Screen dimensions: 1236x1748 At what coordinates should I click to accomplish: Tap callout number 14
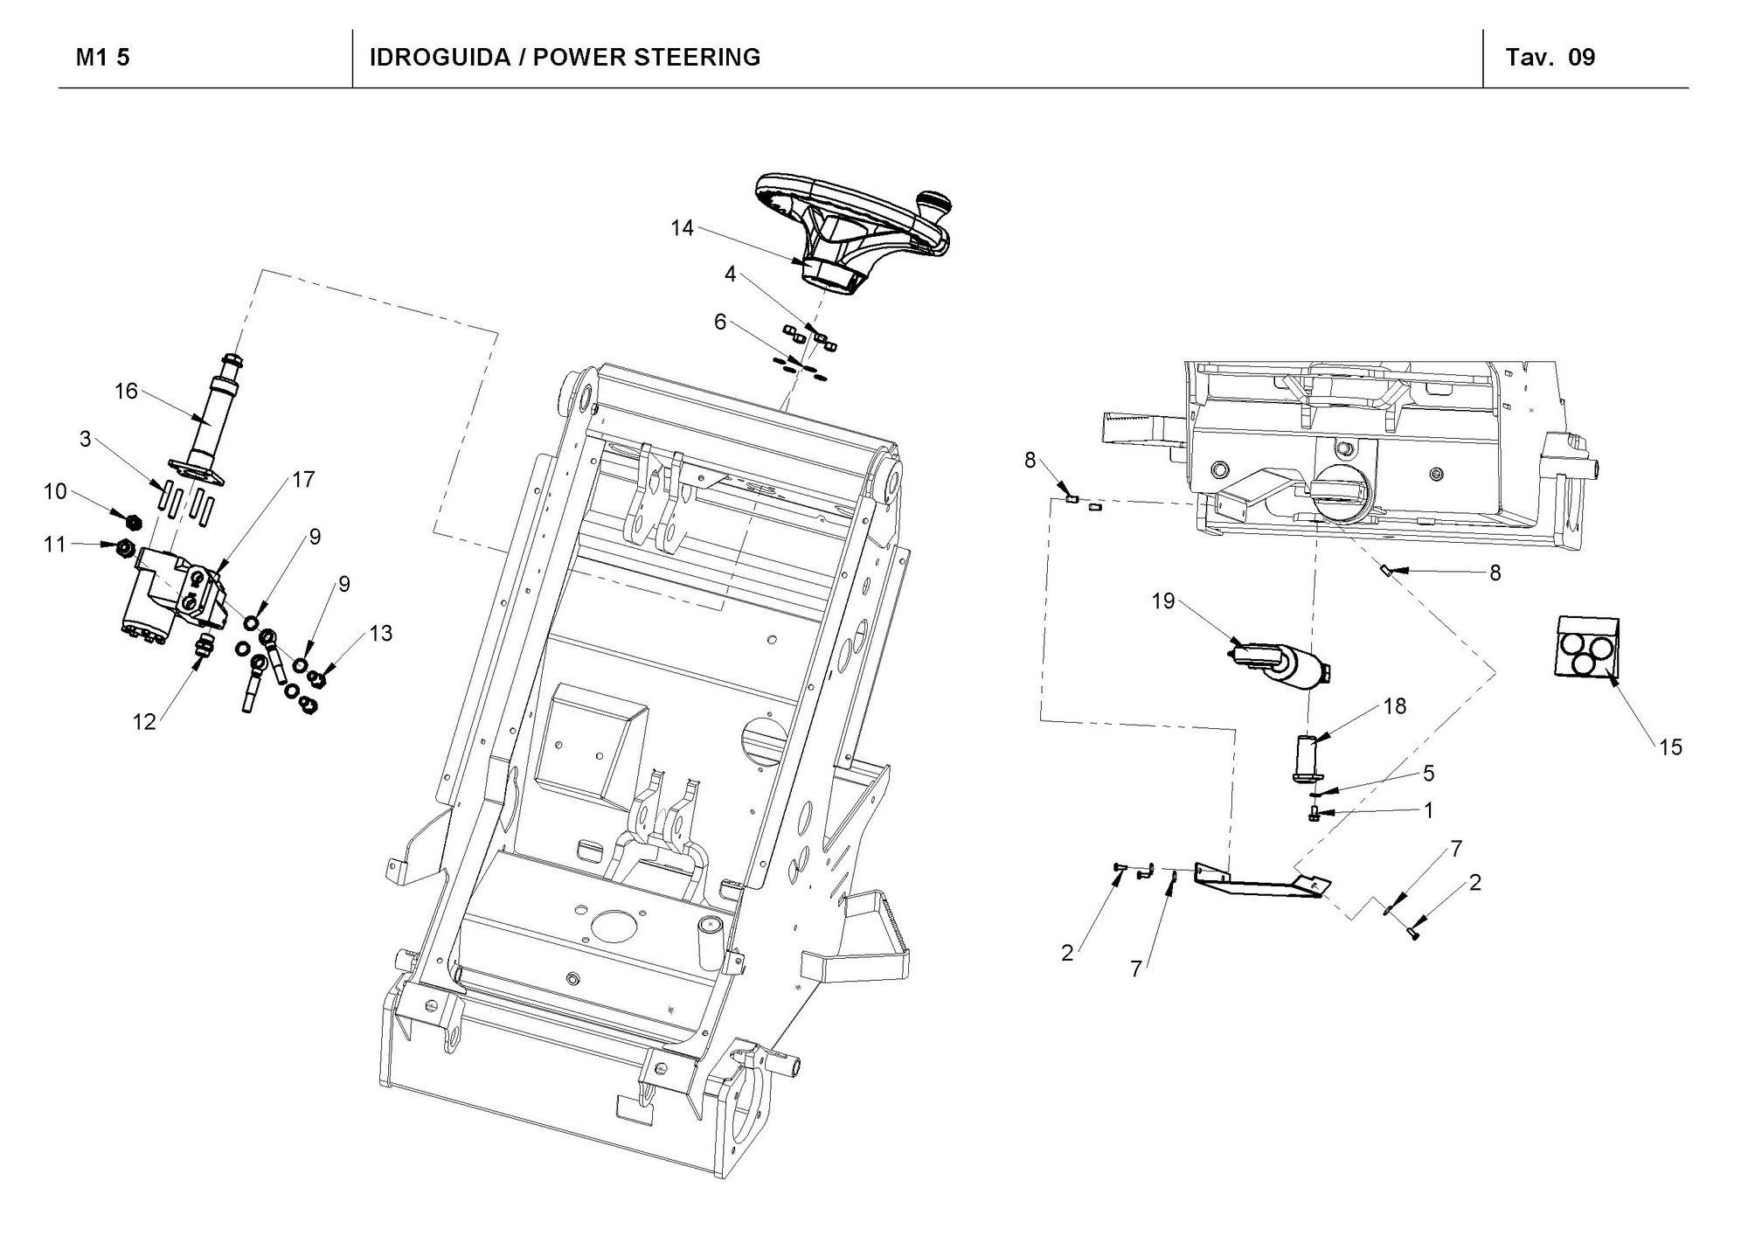[x=682, y=228]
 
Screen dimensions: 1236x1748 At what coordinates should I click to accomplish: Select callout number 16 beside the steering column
[x=127, y=391]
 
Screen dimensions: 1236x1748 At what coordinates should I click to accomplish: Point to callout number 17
[x=303, y=480]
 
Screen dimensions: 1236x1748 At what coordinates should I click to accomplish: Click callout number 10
[x=55, y=492]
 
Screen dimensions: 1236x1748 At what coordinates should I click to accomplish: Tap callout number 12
[x=144, y=721]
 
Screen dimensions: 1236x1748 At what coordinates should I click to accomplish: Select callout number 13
[x=381, y=633]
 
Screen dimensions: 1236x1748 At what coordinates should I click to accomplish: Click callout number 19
[x=1163, y=601]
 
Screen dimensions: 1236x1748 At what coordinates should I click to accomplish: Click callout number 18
[x=1395, y=705]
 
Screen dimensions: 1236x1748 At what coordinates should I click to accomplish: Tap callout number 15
[x=1670, y=747]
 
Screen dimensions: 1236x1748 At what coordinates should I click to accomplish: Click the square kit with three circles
[x=1586, y=646]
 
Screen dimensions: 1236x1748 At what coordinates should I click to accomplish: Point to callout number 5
[x=1428, y=773]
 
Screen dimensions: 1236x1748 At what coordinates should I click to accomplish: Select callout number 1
[x=1428, y=811]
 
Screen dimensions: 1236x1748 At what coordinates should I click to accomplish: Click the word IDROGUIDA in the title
[x=440, y=58]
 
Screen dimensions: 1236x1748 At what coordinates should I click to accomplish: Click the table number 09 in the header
[x=1582, y=58]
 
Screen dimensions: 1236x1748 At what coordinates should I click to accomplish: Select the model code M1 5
[x=103, y=58]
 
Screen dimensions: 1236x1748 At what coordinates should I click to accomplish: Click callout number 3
[x=85, y=439]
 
